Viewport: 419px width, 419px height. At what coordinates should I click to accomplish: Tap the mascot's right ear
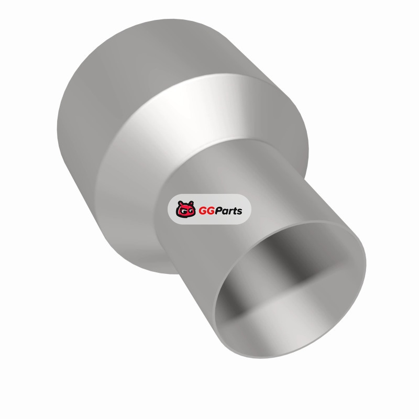click(191, 203)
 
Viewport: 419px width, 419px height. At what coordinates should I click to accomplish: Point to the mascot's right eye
click(190, 211)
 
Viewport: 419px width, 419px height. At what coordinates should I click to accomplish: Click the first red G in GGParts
click(203, 211)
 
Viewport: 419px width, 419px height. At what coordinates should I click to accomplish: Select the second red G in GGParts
click(211, 211)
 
